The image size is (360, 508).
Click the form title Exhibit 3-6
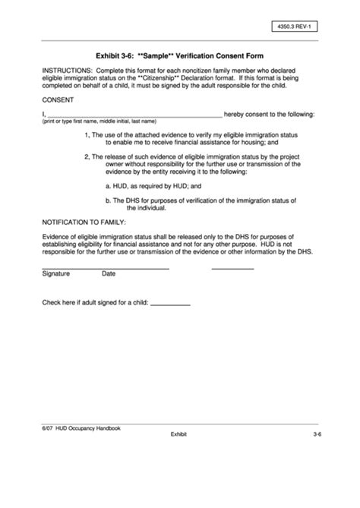(178, 55)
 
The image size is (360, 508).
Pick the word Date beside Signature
(109, 273)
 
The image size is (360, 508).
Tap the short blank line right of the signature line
(232, 268)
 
